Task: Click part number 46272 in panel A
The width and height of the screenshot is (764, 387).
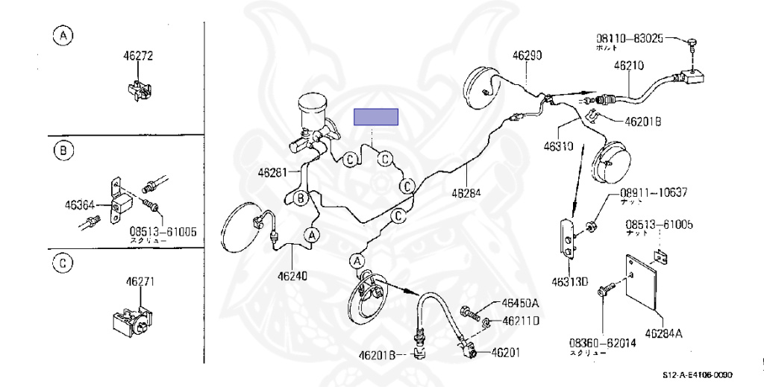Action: tap(138, 55)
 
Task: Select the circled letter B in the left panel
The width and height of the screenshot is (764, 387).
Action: tap(63, 151)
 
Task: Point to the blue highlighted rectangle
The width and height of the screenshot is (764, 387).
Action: tap(376, 117)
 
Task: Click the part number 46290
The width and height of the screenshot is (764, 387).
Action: tap(527, 55)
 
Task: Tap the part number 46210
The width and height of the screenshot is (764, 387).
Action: tap(628, 65)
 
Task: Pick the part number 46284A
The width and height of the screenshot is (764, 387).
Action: tap(663, 333)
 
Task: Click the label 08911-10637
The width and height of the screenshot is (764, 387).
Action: tap(653, 192)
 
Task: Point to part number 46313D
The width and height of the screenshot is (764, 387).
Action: tap(570, 282)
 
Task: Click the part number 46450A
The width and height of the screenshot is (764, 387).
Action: tap(520, 303)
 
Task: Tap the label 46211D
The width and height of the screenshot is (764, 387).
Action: tap(520, 321)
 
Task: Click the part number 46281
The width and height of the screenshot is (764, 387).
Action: tap(273, 172)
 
